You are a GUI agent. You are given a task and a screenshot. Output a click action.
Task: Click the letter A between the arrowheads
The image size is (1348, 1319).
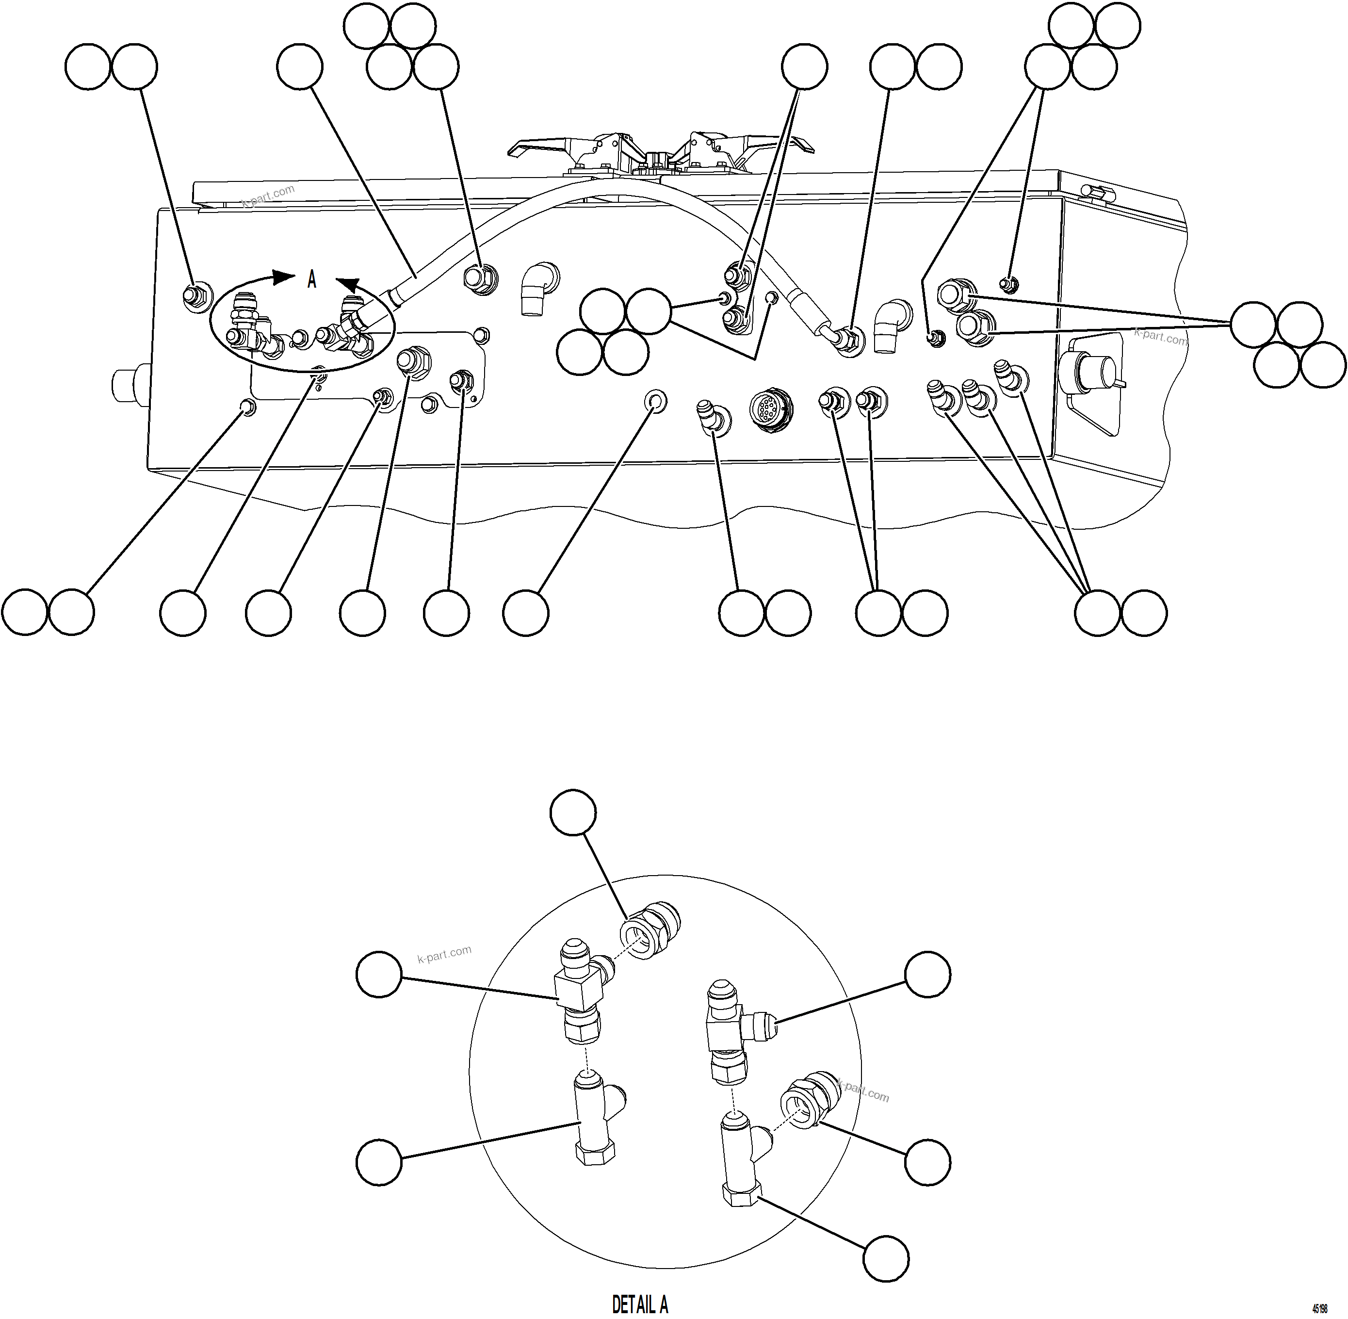pos(312,280)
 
